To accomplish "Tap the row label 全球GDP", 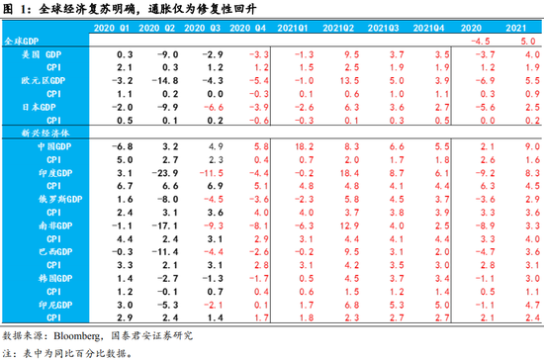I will [x=21, y=43].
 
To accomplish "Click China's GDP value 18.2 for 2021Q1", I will [x=305, y=145].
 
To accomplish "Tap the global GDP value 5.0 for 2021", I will [x=527, y=42].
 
